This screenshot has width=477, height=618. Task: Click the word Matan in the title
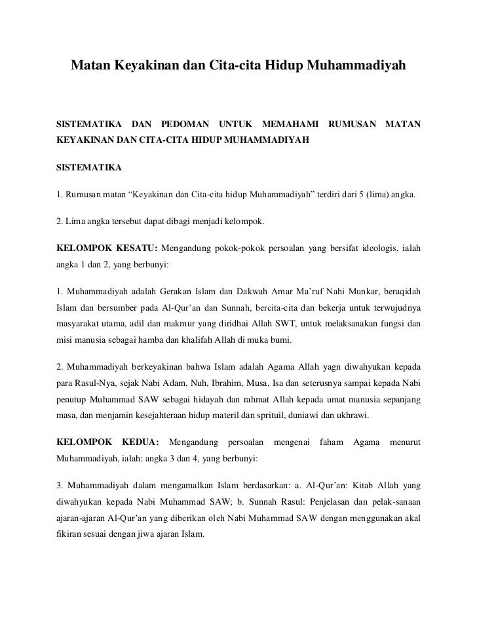click(x=91, y=66)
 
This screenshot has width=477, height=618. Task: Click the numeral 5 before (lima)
click(x=360, y=195)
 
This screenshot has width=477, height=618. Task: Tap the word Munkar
click(x=354, y=290)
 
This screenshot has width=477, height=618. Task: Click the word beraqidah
click(x=400, y=290)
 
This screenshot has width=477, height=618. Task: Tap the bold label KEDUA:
click(x=138, y=442)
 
